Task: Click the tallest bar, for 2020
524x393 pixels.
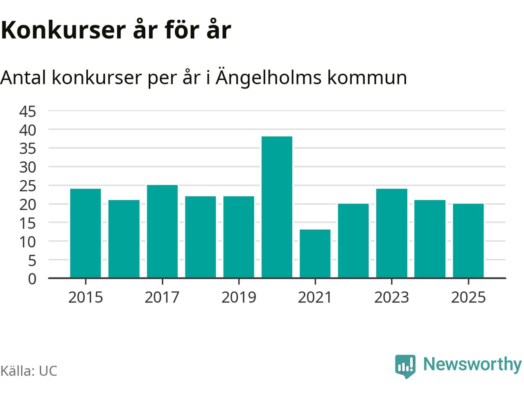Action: click(277, 207)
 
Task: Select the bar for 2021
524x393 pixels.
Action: click(315, 254)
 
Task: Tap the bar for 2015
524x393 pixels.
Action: click(86, 233)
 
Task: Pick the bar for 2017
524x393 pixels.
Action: click(162, 232)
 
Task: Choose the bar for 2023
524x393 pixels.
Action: click(392, 233)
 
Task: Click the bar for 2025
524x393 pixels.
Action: click(468, 241)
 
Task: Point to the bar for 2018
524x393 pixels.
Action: click(201, 237)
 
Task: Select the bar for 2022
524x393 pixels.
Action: click(353, 241)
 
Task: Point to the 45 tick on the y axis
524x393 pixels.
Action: click(28, 111)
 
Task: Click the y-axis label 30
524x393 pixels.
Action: click(28, 167)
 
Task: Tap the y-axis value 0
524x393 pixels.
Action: click(32, 279)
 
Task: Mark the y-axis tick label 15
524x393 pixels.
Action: click(28, 223)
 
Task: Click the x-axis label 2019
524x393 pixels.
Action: click(239, 297)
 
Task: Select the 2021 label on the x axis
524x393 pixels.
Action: click(315, 297)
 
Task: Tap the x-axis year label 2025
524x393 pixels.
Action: click(468, 297)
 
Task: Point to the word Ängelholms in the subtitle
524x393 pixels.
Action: click(269, 77)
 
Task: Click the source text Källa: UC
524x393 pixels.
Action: click(29, 371)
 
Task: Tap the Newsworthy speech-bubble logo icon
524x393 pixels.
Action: click(405, 366)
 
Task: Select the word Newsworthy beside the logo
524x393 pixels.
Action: click(472, 364)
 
